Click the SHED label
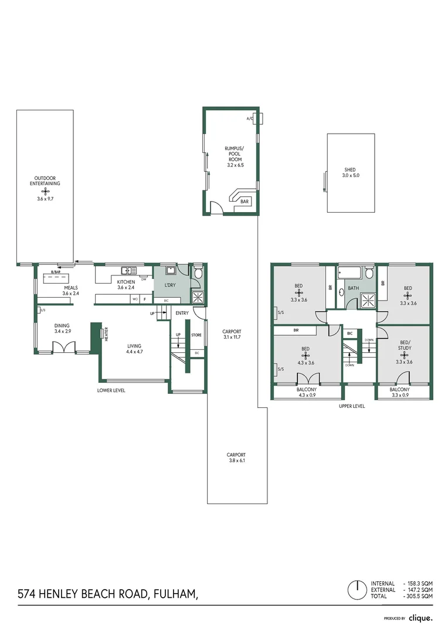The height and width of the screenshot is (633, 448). click(349, 170)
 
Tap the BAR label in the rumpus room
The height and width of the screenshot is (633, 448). click(244, 202)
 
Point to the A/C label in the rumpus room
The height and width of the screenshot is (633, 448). click(250, 118)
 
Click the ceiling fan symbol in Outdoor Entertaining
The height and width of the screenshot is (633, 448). click(46, 191)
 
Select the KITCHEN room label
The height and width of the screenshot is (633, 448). click(126, 282)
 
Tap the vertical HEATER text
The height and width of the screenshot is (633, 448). click(106, 335)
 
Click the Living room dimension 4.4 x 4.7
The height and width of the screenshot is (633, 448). click(135, 352)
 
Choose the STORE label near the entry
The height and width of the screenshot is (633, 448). click(196, 335)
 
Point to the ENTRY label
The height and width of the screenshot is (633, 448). click(182, 314)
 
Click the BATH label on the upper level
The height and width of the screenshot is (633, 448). click(353, 288)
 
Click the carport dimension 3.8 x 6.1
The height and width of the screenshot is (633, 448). click(237, 461)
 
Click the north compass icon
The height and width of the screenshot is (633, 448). click(355, 588)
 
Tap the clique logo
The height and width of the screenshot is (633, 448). click(421, 618)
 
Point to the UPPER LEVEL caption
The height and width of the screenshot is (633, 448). click(351, 406)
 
